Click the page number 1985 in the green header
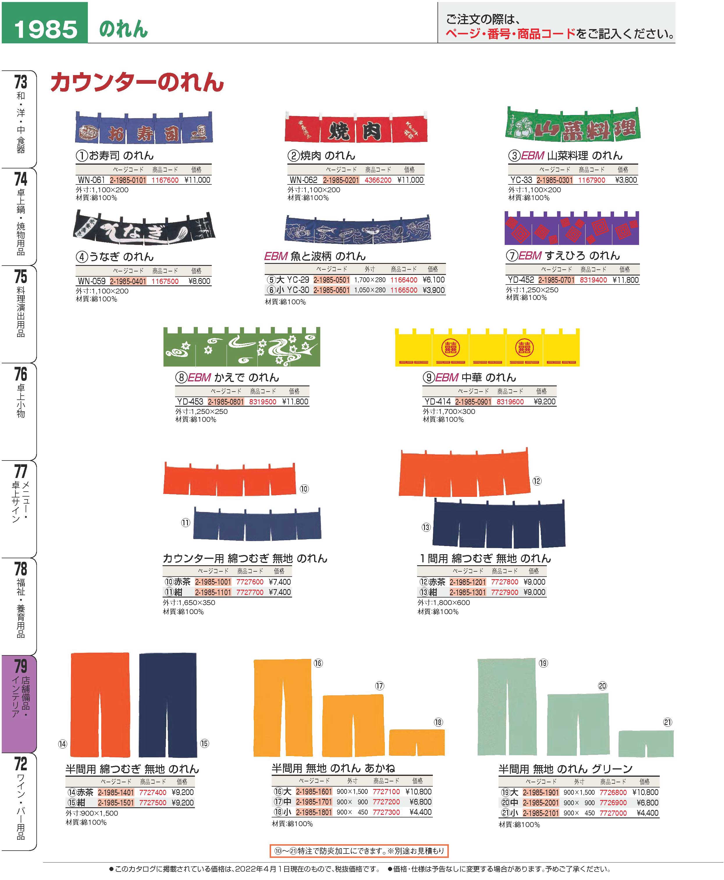coord(45,29)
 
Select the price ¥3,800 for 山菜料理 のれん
coord(626,180)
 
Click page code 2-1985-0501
coord(332,280)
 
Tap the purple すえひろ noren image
coord(571,229)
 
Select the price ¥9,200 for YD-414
coord(544,402)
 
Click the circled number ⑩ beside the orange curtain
coord(304,489)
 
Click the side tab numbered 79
coord(19,705)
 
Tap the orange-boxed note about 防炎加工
coord(359,851)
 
